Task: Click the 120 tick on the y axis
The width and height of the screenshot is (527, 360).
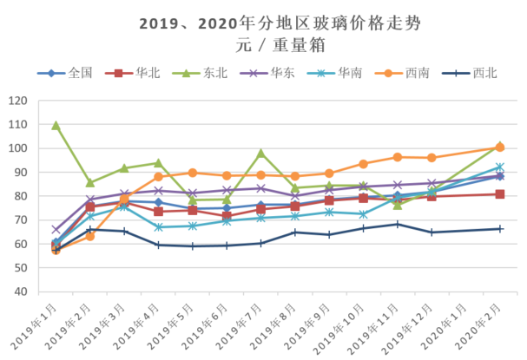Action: click(16, 101)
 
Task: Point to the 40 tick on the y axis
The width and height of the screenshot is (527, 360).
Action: click(19, 291)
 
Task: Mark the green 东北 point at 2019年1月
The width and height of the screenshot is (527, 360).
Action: click(56, 126)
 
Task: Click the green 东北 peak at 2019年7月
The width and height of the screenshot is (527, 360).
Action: click(260, 153)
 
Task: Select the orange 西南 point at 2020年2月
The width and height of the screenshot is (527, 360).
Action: click(500, 147)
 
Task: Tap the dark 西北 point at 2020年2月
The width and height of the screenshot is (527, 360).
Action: click(500, 229)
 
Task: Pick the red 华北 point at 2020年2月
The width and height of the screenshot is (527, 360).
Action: click(500, 194)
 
